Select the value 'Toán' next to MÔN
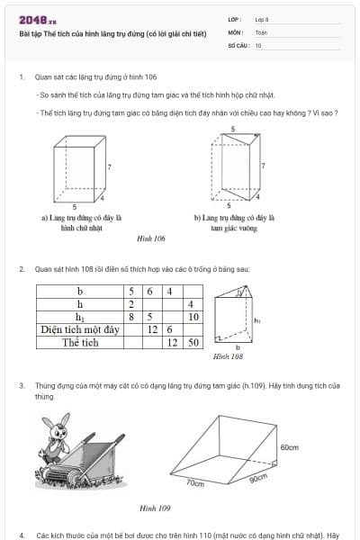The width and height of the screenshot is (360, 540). [261, 31]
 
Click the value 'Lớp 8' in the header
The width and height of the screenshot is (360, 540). [262, 19]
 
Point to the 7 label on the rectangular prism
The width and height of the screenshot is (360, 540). [110, 167]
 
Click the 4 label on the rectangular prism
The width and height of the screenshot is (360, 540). [103, 197]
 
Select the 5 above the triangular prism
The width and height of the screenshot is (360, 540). [233, 130]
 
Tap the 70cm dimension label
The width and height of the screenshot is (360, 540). [195, 483]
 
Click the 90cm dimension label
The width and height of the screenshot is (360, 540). [258, 478]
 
